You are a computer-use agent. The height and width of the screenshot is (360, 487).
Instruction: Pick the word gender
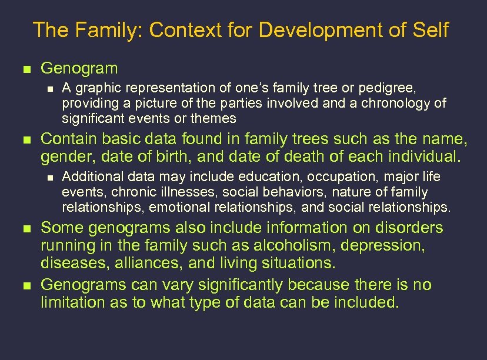click(64, 158)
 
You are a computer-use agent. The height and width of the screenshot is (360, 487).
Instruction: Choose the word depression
click(403, 245)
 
